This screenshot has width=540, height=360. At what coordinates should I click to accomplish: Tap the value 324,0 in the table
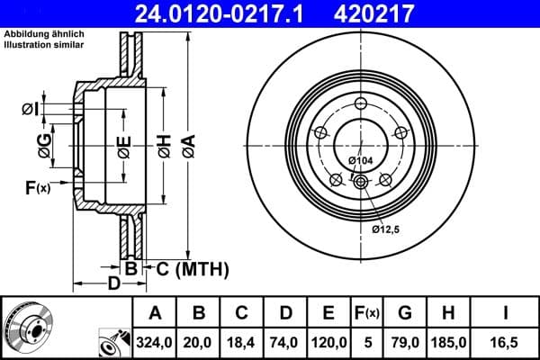154,341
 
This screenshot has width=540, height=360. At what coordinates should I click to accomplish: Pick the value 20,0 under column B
200,341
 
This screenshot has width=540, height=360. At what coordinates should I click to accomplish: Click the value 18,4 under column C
242,341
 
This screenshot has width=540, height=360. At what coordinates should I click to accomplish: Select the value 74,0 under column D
286,341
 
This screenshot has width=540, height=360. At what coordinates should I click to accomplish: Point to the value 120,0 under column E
328,341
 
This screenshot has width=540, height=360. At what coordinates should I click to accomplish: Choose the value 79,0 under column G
405,341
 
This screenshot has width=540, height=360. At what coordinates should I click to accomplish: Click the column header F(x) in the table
367,313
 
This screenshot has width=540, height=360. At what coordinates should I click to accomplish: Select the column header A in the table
154,313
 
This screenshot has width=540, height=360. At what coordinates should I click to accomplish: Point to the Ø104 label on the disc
360,160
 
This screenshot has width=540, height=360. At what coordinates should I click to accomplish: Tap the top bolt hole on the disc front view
361,101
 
